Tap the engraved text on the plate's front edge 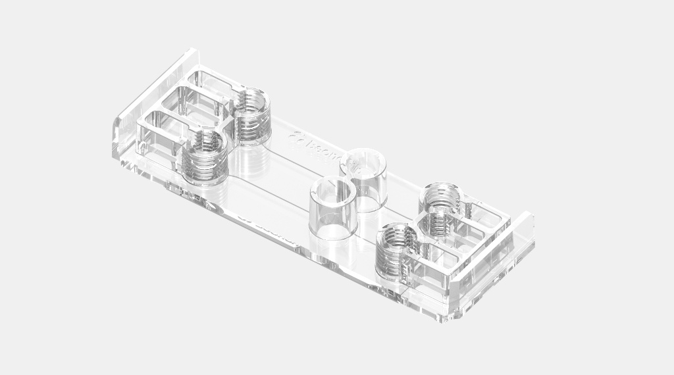coord(263,227)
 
